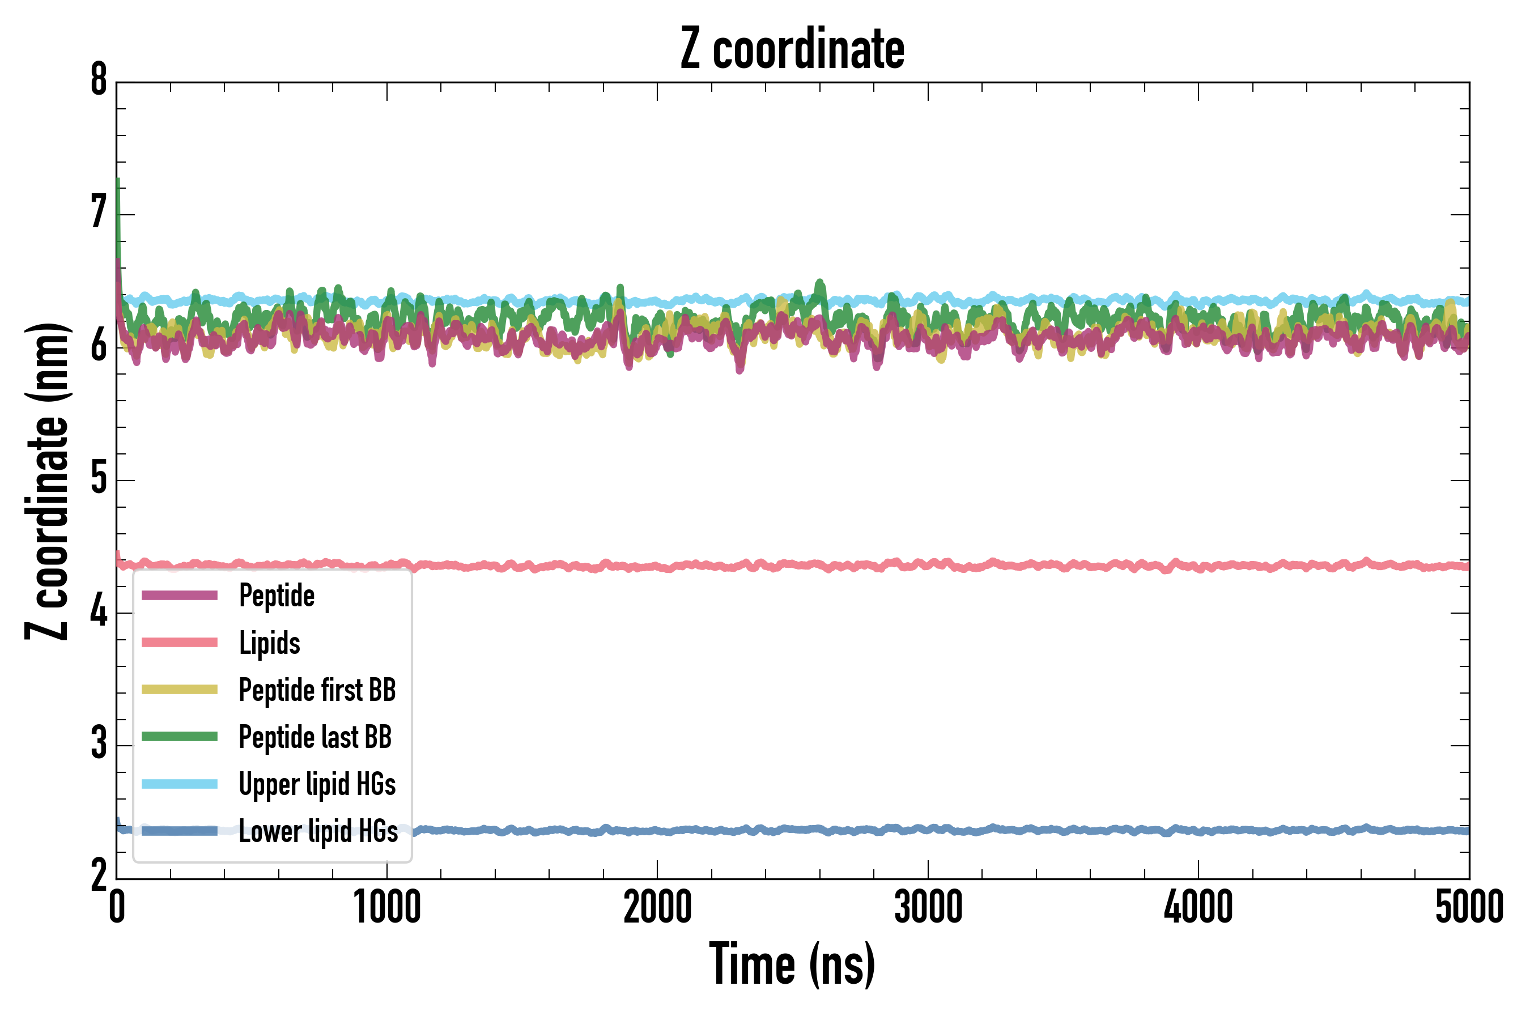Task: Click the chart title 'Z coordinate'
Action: coord(792,49)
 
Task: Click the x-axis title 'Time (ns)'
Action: coord(792,964)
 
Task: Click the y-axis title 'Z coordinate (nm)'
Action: coord(47,481)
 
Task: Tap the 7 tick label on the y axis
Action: coord(99,214)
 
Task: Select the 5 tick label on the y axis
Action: coord(99,479)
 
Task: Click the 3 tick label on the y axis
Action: coord(99,744)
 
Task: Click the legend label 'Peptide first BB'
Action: coord(317,690)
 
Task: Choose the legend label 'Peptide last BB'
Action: coord(315,737)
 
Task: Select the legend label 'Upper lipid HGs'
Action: coord(317,784)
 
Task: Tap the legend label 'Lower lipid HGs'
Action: coord(318,831)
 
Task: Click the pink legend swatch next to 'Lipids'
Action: coord(180,643)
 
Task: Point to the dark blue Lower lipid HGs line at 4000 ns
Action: coord(1198,831)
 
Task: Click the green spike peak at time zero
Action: coord(118,180)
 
